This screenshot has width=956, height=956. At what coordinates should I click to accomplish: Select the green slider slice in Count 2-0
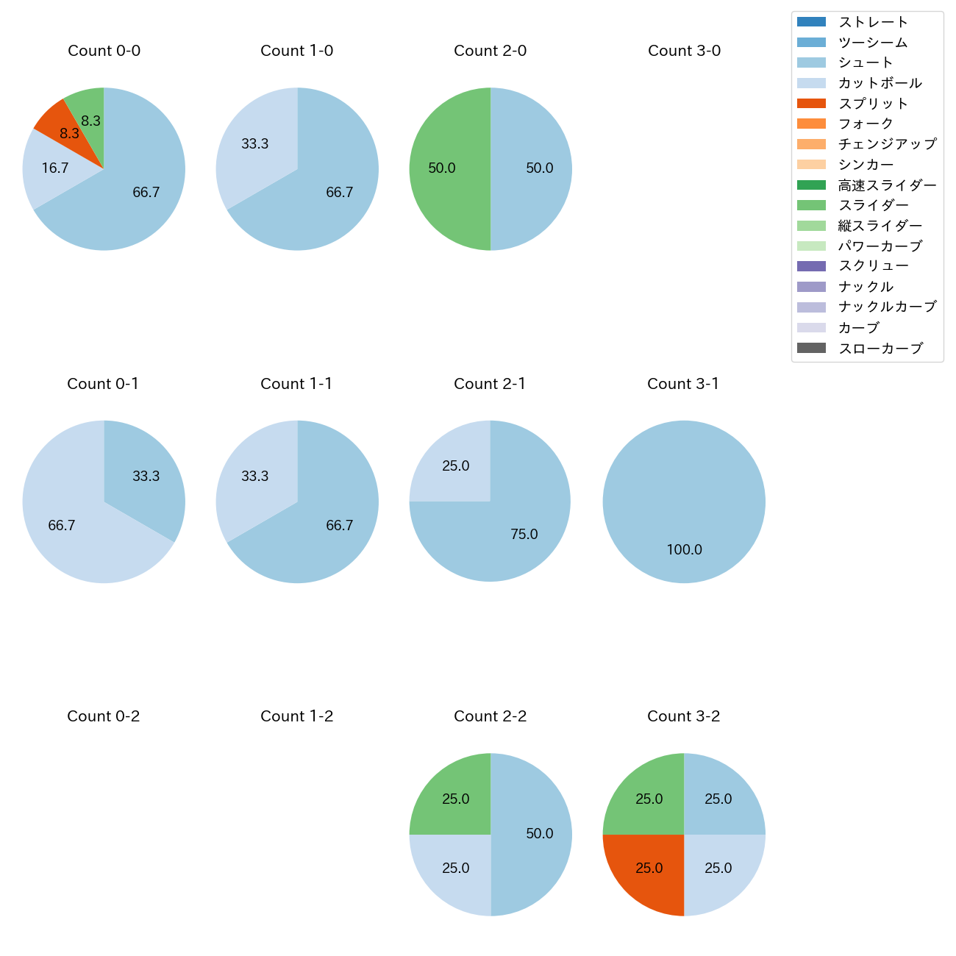445,169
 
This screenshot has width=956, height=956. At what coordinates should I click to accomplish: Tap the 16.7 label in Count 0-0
55,168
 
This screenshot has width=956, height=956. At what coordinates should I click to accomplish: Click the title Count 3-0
684,51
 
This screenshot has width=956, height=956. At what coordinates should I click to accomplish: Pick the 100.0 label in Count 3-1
684,549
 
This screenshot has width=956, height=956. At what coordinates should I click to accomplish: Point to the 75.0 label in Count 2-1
524,534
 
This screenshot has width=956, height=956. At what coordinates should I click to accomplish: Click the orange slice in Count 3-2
646,871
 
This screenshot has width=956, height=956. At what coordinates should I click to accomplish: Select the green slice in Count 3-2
646,796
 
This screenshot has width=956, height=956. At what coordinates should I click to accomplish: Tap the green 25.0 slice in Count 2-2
452,796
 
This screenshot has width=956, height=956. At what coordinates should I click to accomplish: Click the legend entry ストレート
873,22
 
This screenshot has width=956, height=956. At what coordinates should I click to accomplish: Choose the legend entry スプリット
873,104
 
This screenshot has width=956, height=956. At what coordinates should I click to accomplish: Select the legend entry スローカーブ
880,349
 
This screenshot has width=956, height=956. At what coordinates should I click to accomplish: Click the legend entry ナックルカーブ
887,307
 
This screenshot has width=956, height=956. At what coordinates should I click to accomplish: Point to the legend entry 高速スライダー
887,185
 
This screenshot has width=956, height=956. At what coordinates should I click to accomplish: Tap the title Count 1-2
297,716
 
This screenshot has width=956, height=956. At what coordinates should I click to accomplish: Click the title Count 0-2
104,716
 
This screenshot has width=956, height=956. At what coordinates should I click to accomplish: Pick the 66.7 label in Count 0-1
62,525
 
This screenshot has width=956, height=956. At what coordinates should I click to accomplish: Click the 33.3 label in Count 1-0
255,143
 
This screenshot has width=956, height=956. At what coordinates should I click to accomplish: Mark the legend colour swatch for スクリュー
811,266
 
